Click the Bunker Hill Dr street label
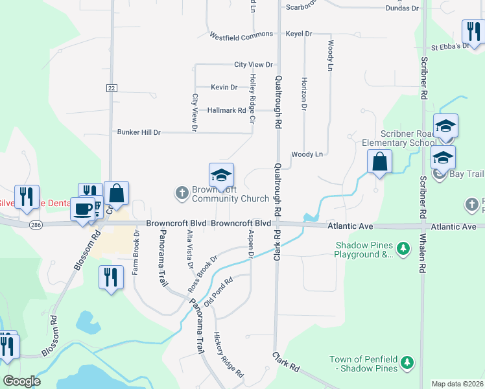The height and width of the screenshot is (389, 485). pyautogui.click(x=139, y=132)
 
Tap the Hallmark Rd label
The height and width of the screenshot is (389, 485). pyautogui.click(x=226, y=110)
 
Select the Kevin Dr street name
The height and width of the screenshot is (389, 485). pyautogui.click(x=224, y=87)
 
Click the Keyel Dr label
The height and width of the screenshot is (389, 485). pyautogui.click(x=299, y=34)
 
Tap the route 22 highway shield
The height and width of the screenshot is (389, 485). pyautogui.click(x=112, y=88)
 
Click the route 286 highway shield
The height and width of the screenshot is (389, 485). pyautogui.click(x=36, y=225)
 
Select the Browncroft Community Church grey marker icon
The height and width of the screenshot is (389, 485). pyautogui.click(x=181, y=193)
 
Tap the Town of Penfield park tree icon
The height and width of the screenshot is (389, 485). pyautogui.click(x=407, y=361)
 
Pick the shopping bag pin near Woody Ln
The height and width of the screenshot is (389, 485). pyautogui.click(x=379, y=161)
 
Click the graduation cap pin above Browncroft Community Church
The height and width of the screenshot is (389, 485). pyautogui.click(x=221, y=174)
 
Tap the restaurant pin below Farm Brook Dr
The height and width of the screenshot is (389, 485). pyautogui.click(x=111, y=277)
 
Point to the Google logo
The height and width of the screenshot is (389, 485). pyautogui.click(x=21, y=381)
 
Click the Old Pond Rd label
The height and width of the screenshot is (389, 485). pyautogui.click(x=218, y=292)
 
